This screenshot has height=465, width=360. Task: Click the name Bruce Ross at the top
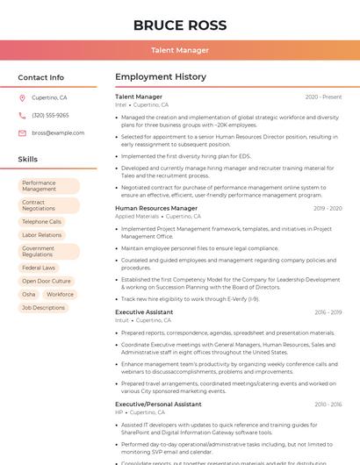pos(179,25)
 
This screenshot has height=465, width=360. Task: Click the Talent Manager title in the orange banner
pos(179,50)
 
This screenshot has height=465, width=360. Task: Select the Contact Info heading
pos(40,77)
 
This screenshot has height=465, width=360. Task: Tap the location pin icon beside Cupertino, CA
pos(22,97)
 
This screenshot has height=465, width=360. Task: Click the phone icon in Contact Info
pos(22,115)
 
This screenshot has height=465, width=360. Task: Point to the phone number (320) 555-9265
pos(50,115)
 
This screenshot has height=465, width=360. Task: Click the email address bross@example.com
pos(58,132)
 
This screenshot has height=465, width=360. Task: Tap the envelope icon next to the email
pos(22,132)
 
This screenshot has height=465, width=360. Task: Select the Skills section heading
pos(28,160)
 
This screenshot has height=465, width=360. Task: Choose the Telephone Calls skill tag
pos(41,222)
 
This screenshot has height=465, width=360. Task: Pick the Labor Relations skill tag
pos(42,235)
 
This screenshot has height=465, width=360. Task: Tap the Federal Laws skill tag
pos(39,268)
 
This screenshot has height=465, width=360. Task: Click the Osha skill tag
pos(29,294)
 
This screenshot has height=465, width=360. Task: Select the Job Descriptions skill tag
pos(44,308)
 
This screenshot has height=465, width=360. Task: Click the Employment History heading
pos(161,77)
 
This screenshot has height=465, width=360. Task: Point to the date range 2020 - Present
pos(323,97)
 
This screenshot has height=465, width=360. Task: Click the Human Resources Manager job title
pos(156,208)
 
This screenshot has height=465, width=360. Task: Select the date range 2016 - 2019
pos(328,312)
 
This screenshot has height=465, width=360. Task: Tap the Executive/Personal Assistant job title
pos(158,404)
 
